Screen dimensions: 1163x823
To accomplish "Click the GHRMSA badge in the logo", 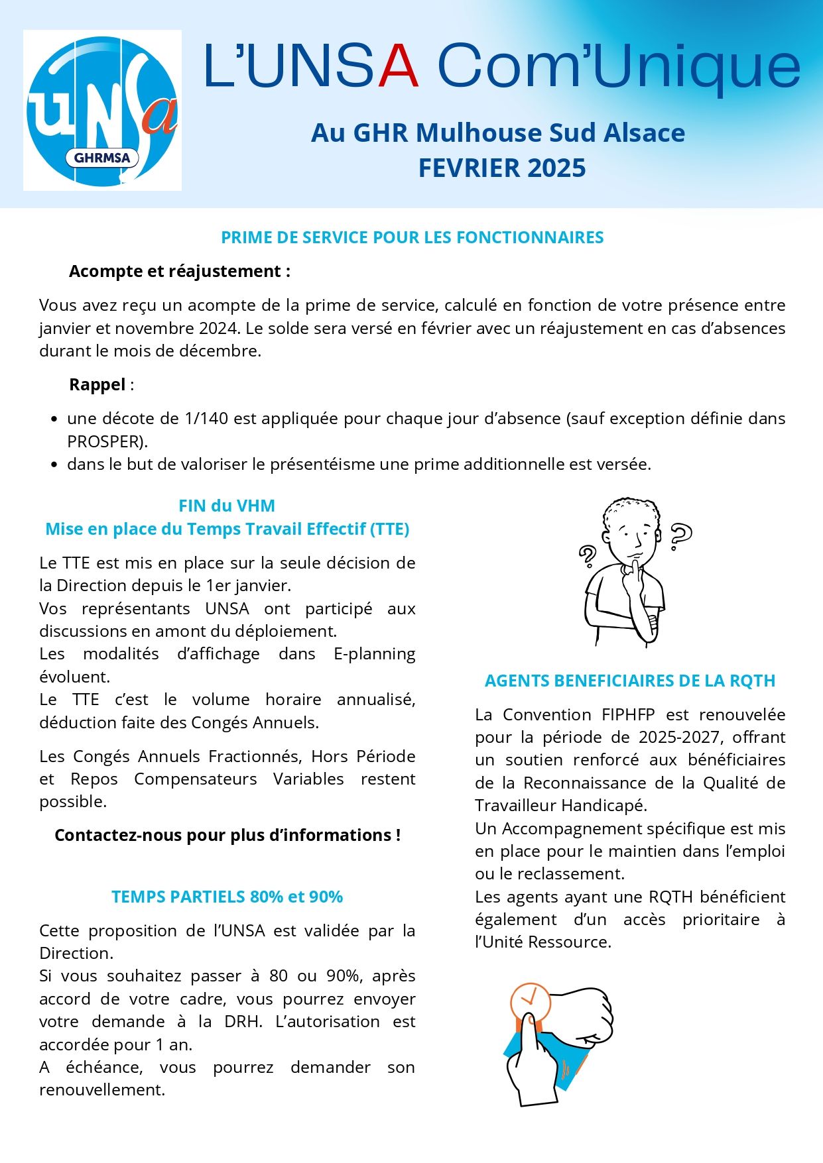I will point(101,158).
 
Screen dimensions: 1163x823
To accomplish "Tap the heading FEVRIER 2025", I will point(501,168).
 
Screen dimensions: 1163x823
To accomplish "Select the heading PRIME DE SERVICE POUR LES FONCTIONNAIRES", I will point(412,238).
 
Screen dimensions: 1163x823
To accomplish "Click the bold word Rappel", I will point(97,385).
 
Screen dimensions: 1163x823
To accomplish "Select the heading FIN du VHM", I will point(227,506).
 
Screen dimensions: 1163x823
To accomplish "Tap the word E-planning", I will point(374,654).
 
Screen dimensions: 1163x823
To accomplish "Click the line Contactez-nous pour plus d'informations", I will point(227,836).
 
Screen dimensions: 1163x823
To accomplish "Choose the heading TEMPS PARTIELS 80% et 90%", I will point(227,897).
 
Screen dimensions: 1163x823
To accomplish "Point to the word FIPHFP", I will point(628,715).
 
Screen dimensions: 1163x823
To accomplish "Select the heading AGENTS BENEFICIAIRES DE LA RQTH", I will point(630,681).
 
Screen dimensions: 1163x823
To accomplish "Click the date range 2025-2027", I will point(679,738).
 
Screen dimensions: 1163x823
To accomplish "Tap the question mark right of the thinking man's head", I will point(680,535).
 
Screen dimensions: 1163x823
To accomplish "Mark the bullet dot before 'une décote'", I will point(54,419).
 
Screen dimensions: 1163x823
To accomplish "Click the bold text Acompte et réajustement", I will point(179,272).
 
